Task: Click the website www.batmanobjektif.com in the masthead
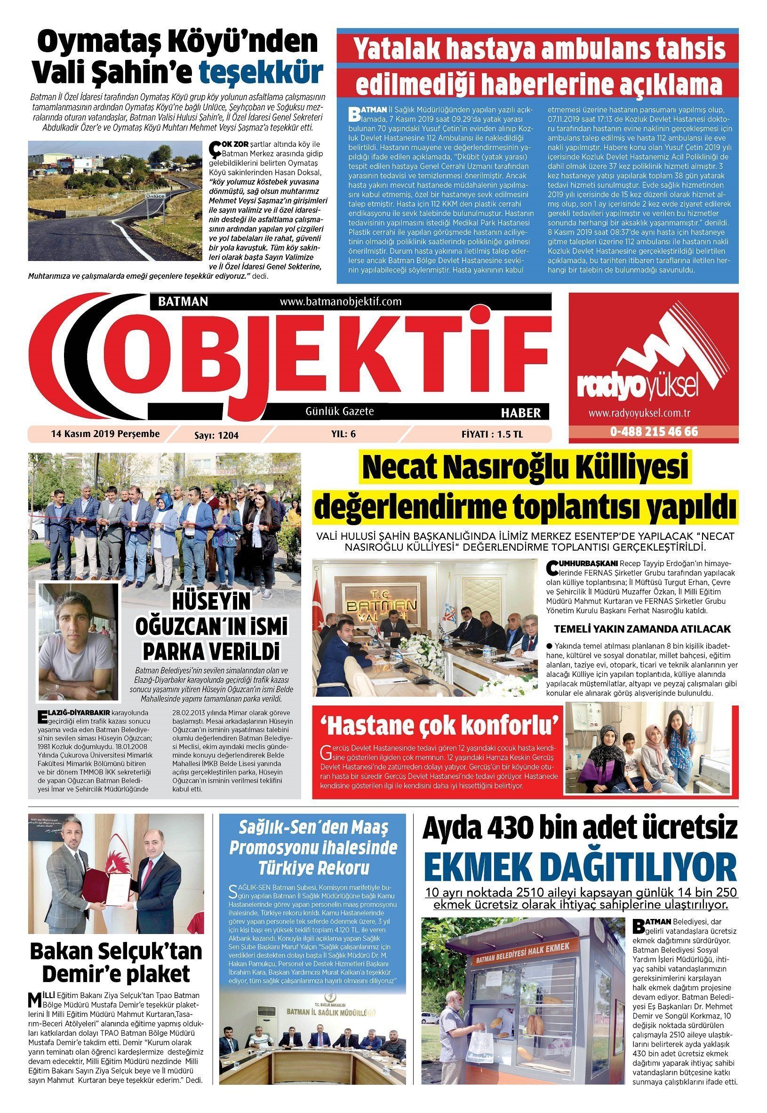pos(340,301)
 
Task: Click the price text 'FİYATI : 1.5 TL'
pos(492,434)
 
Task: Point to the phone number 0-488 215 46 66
pos(654,431)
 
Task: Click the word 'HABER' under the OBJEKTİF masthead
pos(521,413)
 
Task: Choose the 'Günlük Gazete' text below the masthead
pos(340,411)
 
